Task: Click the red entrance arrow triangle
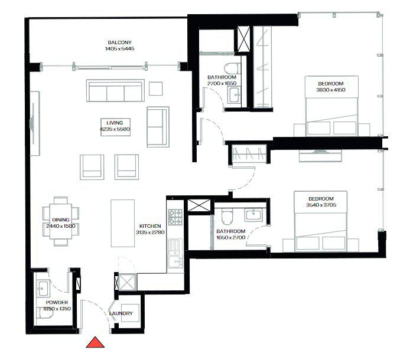tap(95, 343)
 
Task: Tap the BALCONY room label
tap(120, 42)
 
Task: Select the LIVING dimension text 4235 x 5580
tap(114, 129)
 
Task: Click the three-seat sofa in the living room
tap(115, 91)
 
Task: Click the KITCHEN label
tap(151, 226)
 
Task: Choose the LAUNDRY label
tap(121, 313)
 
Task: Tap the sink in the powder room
tap(44, 289)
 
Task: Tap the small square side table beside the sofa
tap(155, 88)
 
